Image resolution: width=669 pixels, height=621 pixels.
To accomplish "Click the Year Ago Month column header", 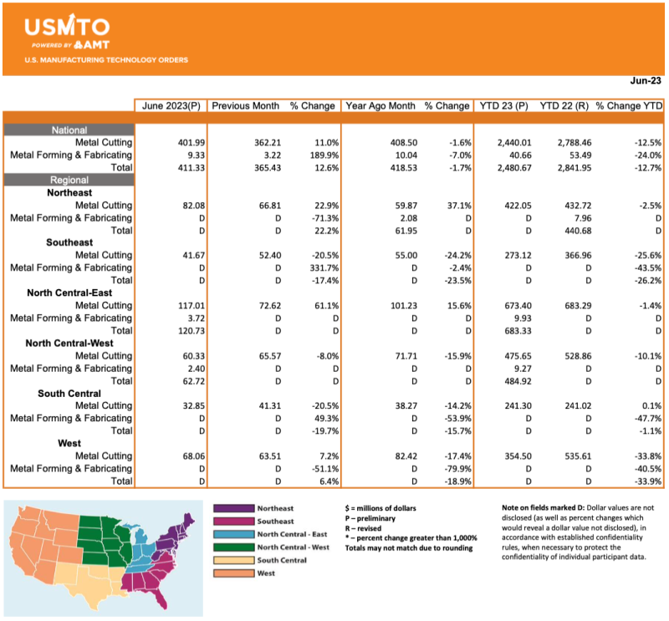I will point(380,106).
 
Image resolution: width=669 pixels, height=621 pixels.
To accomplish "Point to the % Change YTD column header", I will point(630,106).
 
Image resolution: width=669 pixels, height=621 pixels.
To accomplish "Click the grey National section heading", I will point(69,130).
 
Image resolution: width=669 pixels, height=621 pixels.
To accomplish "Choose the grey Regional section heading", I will point(69,180).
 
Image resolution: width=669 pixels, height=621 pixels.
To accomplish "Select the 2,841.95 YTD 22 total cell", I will point(563,168).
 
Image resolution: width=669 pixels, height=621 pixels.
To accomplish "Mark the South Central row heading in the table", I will point(69,393).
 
